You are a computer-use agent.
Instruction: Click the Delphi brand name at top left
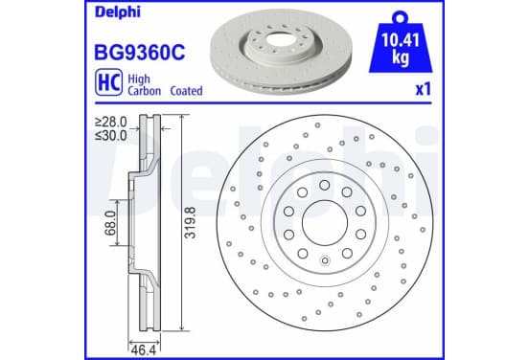[x=118, y=12]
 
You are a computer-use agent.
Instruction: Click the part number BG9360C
[x=140, y=53]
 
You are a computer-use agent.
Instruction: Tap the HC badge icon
[x=108, y=82]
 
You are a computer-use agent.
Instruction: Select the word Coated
[x=186, y=91]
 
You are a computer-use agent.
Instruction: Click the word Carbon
[x=144, y=91]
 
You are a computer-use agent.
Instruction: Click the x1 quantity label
[x=424, y=90]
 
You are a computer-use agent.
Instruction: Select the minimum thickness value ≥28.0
[x=111, y=122]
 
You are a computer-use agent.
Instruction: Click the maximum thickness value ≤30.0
[x=111, y=136]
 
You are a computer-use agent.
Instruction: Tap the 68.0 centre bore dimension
[x=110, y=223]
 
